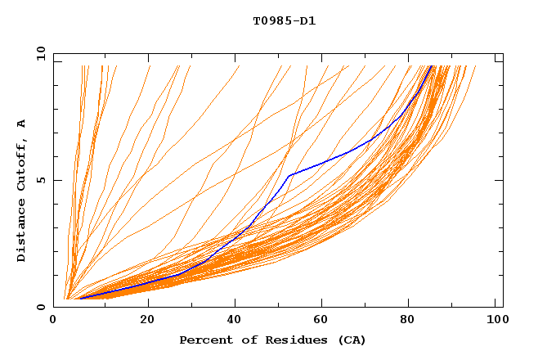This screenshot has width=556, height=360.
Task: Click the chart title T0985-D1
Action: click(x=284, y=20)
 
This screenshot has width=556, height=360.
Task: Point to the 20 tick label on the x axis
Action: click(x=147, y=321)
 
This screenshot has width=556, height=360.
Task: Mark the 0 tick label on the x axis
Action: click(x=54, y=321)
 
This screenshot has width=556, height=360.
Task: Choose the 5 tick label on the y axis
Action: click(x=41, y=181)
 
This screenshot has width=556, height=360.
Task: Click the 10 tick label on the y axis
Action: click(x=38, y=54)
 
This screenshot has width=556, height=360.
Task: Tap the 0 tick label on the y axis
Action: click(x=41, y=307)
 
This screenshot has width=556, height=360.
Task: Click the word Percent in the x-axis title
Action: click(x=203, y=340)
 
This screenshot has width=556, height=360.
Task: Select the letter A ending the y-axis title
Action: click(x=22, y=124)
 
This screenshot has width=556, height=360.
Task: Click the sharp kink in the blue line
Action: click(x=289, y=175)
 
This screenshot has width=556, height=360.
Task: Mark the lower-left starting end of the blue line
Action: click(x=79, y=299)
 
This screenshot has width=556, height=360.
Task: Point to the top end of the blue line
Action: click(x=433, y=65)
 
